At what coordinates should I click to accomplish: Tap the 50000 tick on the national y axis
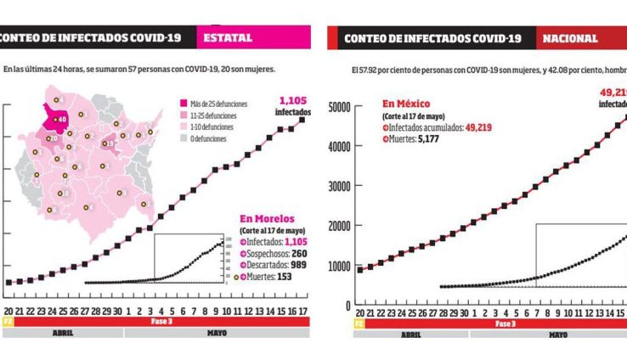(340, 107)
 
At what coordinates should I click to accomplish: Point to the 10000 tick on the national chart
(340, 266)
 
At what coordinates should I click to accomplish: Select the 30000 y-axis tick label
(340, 187)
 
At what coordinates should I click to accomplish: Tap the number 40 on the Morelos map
(62, 119)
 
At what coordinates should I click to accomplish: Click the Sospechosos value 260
(299, 253)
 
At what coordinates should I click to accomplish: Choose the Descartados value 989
(297, 265)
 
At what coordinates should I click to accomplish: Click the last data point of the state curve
(302, 120)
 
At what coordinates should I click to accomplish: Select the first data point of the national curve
(359, 269)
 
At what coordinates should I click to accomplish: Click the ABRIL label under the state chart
(63, 334)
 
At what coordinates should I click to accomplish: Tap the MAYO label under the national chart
(558, 335)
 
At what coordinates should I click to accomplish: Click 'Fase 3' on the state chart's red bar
(161, 323)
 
